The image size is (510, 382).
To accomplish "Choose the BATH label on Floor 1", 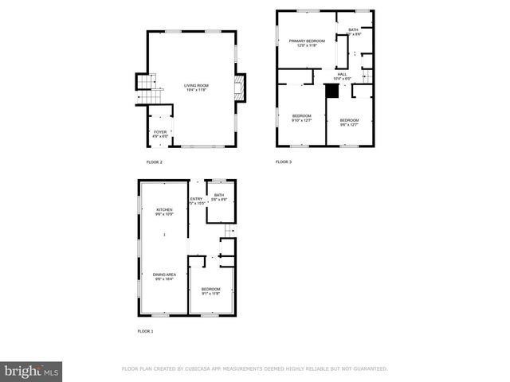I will click(x=219, y=197).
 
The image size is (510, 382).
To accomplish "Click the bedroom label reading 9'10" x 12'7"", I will click(x=301, y=118).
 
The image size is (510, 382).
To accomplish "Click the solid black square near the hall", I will click(x=331, y=91).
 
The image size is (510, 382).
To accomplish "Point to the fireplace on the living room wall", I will click(x=239, y=88).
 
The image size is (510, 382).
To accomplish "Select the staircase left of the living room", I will click(x=143, y=83).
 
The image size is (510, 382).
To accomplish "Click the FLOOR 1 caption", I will click(x=145, y=330).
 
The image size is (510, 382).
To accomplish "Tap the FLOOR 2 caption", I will click(x=154, y=162).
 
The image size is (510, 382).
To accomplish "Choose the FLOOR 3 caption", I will click(x=284, y=162).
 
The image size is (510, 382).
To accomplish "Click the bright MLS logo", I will click(x=32, y=371).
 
